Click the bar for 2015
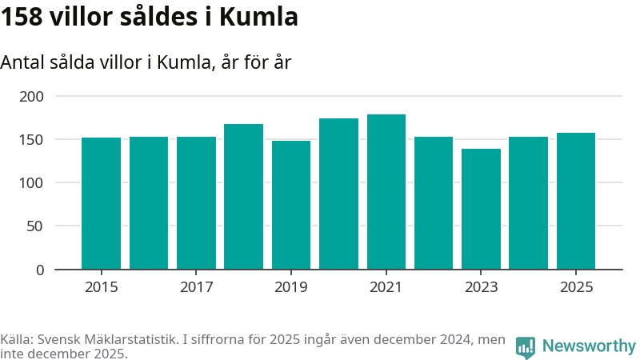click(101, 203)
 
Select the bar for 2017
click(196, 203)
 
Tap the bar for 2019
click(291, 205)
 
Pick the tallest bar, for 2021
click(386, 192)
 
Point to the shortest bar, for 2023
click(481, 209)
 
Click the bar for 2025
click(576, 201)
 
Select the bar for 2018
click(243, 197)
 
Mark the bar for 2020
click(338, 194)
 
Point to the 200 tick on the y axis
click(31, 96)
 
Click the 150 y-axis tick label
click(31, 140)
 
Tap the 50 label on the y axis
click(35, 226)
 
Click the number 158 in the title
click(22, 17)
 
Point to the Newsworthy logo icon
click(526, 346)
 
